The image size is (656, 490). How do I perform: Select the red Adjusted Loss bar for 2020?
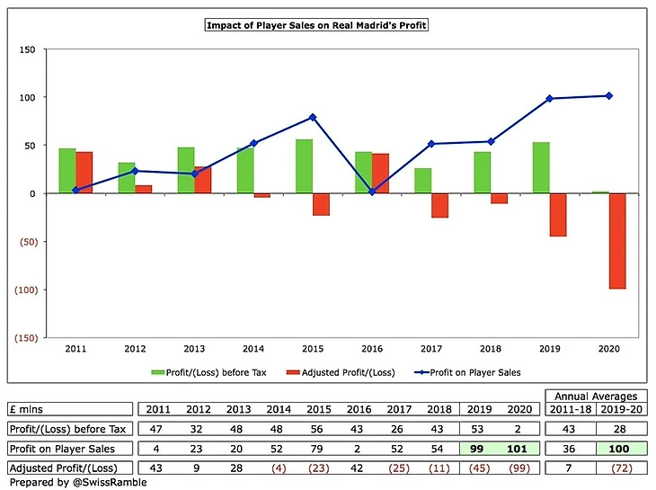pyautogui.click(x=616, y=241)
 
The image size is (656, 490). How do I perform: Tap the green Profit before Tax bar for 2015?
pyautogui.click(x=304, y=166)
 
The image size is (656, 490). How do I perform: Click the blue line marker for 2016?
pyautogui.click(x=372, y=192)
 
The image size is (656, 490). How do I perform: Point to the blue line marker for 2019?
pyautogui.click(x=550, y=98)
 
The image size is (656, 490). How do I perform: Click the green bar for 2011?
pyautogui.click(x=66, y=171)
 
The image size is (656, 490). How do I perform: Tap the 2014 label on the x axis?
pyautogui.click(x=253, y=347)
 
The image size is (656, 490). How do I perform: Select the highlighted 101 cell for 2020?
pyautogui.click(x=519, y=449)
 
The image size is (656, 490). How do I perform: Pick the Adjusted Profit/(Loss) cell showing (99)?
pyautogui.click(x=519, y=468)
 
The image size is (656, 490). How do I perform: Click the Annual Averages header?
pyautogui.click(x=596, y=396)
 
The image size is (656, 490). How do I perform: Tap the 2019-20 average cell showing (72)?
pyautogui.click(x=622, y=468)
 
